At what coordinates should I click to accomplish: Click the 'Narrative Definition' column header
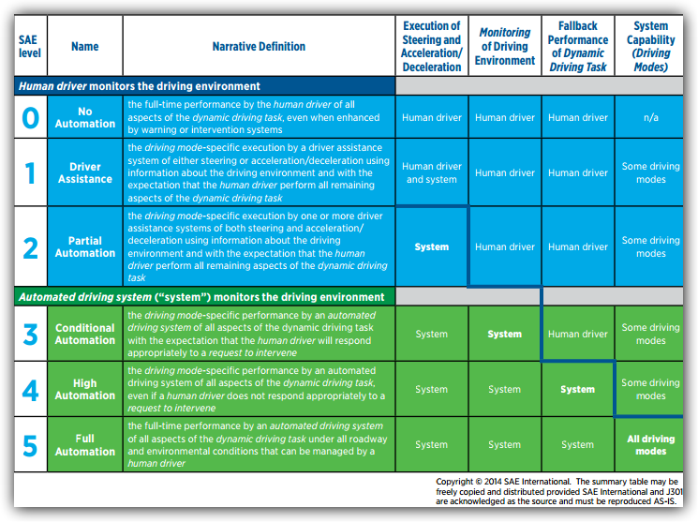pyautogui.click(x=259, y=46)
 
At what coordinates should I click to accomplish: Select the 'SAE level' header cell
pyautogui.click(x=30, y=46)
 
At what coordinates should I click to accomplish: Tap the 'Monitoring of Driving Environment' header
pyautogui.click(x=505, y=46)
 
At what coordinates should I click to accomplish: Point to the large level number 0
pyautogui.click(x=30, y=118)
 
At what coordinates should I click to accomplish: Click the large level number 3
pyautogui.click(x=30, y=334)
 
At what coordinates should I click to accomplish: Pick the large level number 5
pyautogui.click(x=30, y=446)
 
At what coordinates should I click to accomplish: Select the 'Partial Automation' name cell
pyautogui.click(x=85, y=246)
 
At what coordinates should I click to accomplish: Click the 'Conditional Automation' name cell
pyautogui.click(x=85, y=334)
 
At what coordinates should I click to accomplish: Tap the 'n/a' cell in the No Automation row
pyautogui.click(x=651, y=117)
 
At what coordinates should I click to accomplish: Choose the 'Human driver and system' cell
pyautogui.click(x=432, y=172)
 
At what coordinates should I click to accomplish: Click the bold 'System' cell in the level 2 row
pyautogui.click(x=432, y=246)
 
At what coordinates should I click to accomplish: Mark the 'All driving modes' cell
pyautogui.click(x=651, y=445)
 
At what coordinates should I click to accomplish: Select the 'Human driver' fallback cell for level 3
pyautogui.click(x=578, y=334)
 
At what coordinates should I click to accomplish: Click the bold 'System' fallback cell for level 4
pyautogui.click(x=578, y=389)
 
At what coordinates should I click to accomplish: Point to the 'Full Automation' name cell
pyautogui.click(x=85, y=445)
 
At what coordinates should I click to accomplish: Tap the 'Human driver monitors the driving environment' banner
pyautogui.click(x=205, y=86)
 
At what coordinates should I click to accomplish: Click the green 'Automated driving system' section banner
pyautogui.click(x=205, y=297)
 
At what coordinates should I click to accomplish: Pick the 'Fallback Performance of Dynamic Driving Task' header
pyautogui.click(x=578, y=46)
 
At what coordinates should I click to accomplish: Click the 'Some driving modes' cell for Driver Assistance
pyautogui.click(x=651, y=172)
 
